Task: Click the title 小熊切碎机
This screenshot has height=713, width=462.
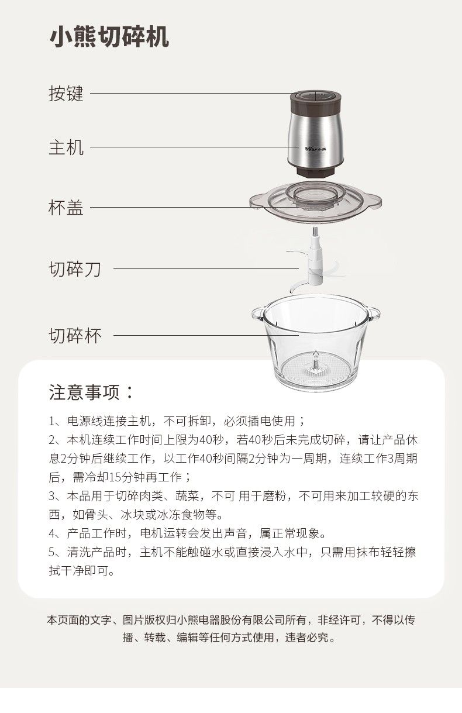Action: tap(109, 37)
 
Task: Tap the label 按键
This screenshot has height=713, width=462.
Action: tap(66, 94)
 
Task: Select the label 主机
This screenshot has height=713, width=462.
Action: tap(66, 147)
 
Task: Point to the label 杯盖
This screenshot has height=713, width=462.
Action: tap(66, 208)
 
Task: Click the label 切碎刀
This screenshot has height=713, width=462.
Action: tap(75, 269)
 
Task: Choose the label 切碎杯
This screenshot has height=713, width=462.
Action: tap(75, 336)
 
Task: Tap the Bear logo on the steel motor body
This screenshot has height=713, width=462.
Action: tap(316, 149)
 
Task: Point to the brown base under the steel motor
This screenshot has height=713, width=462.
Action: tap(316, 171)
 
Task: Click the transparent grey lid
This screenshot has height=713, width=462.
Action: tap(315, 201)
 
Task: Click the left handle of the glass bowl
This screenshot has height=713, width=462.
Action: tap(257, 314)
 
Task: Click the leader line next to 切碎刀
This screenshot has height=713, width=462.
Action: tap(206, 268)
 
